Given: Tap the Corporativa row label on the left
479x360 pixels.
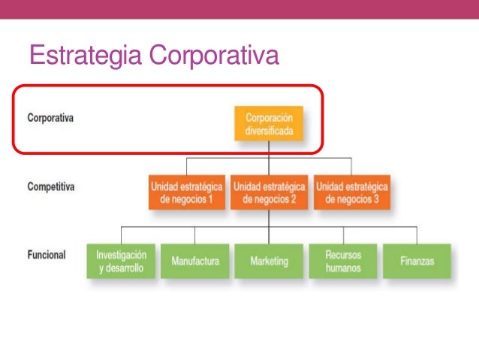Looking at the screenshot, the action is [50, 118].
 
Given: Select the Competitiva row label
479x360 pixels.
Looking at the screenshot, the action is [51, 186].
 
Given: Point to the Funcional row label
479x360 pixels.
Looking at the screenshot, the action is [47, 255].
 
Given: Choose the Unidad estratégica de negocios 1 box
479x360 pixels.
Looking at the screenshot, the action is [186, 193].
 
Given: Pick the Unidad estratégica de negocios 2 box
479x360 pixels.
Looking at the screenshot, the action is [269, 193].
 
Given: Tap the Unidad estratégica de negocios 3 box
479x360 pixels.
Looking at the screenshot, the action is [351, 193].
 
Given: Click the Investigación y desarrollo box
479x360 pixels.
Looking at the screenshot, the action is [121, 262].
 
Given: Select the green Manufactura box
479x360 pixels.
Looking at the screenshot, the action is [195, 262].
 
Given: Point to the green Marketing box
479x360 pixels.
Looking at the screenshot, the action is [269, 262].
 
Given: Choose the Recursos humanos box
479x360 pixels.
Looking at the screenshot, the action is [343, 262].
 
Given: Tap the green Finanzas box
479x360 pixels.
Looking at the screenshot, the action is [417, 262].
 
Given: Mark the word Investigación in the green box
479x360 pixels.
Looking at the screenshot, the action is [121, 255].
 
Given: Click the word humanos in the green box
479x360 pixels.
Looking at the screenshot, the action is [343, 268].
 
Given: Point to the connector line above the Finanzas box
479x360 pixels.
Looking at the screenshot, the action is [417, 234].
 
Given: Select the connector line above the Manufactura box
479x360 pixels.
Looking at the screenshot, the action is [195, 234].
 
